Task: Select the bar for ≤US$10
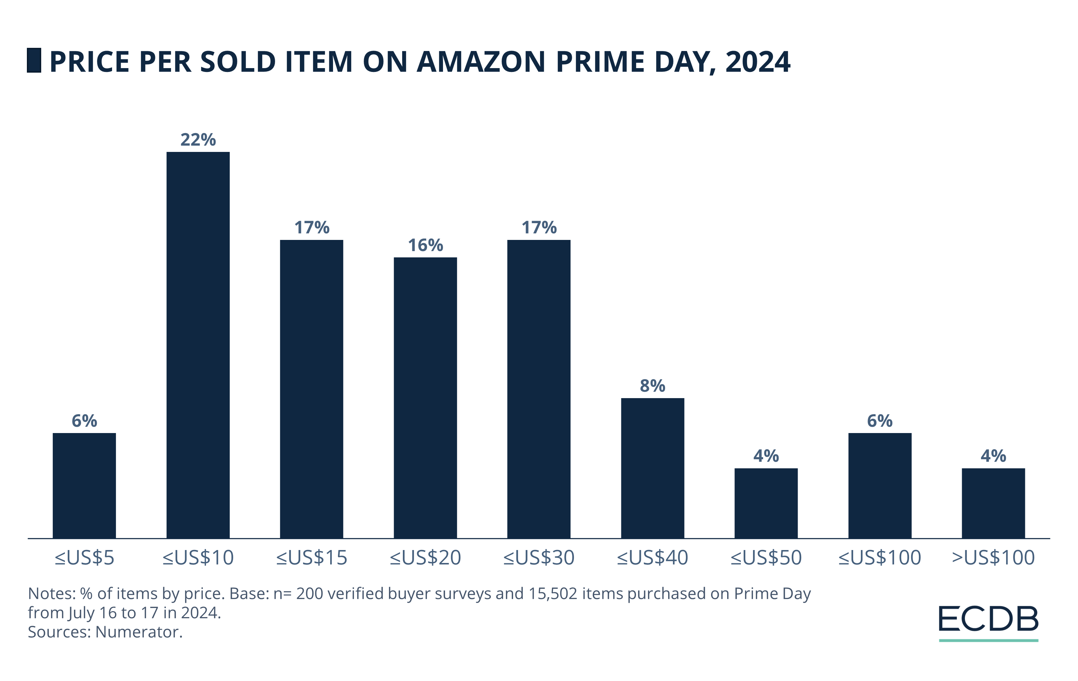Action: click(198, 345)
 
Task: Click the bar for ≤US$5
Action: click(84, 485)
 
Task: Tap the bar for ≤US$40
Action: click(652, 468)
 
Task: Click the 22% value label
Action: click(198, 140)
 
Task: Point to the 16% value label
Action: click(425, 246)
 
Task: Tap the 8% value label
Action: click(652, 386)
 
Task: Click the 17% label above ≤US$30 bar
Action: click(539, 228)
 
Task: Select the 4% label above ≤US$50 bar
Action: click(766, 456)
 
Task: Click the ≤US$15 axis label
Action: click(312, 558)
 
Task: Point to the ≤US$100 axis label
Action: click(880, 558)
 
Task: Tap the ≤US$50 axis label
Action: click(766, 558)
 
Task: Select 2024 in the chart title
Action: click(758, 62)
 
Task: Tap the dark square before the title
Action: click(34, 60)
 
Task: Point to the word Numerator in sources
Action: click(137, 632)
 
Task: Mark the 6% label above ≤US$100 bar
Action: click(880, 421)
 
